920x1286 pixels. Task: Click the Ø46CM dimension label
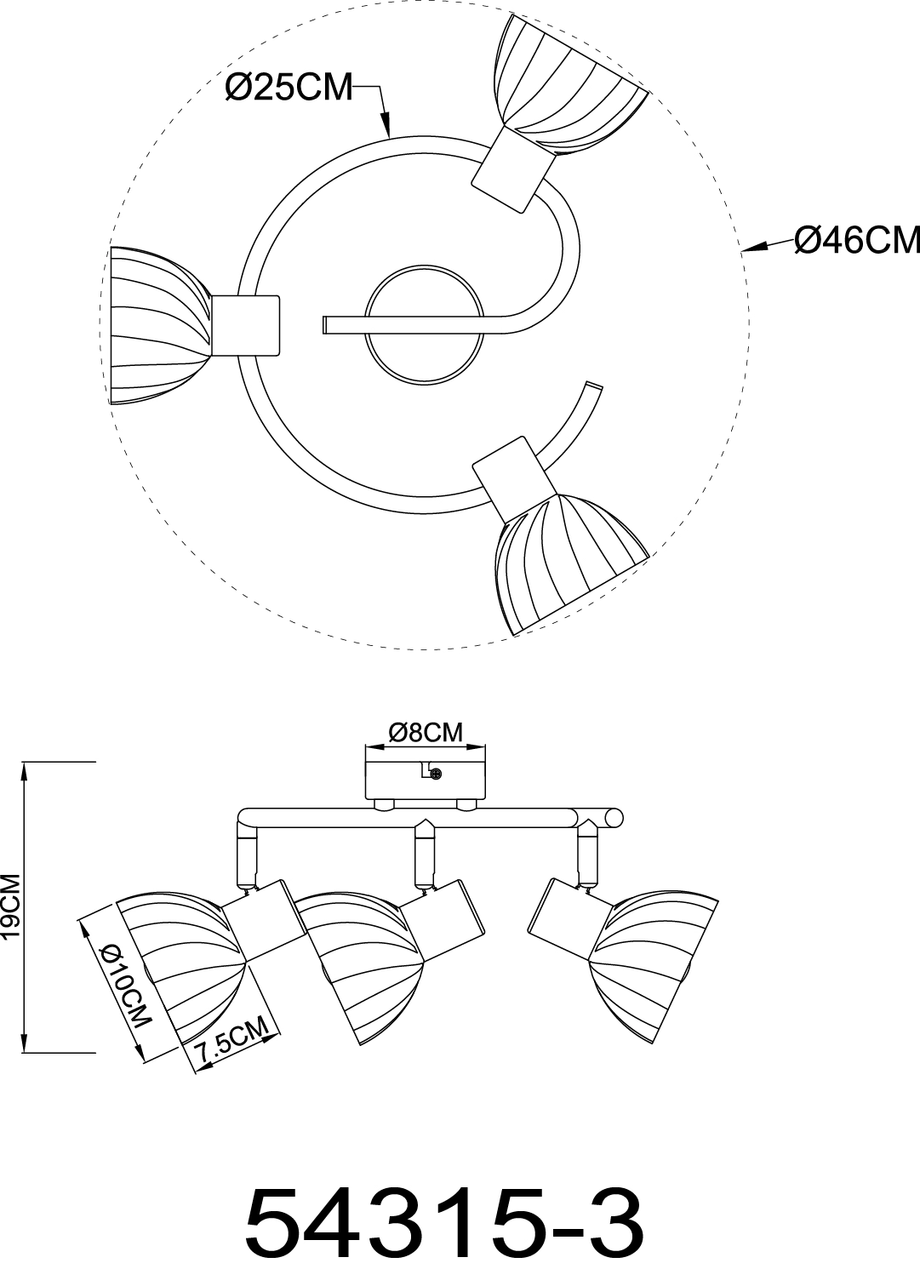pyautogui.click(x=856, y=217)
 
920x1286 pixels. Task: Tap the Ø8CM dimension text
pyautogui.click(x=425, y=732)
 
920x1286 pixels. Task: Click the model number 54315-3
pyautogui.click(x=443, y=1226)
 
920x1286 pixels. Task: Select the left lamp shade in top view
pyautogui.click(x=157, y=314)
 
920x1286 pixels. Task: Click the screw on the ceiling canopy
pyautogui.click(x=436, y=774)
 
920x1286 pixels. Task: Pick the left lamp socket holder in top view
pyautogui.click(x=245, y=325)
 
